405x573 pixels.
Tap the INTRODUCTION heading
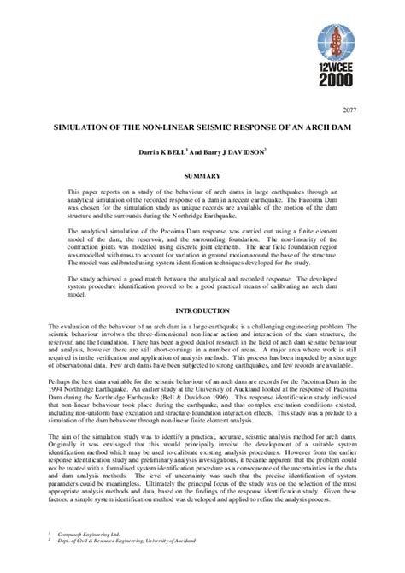click(x=202, y=308)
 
